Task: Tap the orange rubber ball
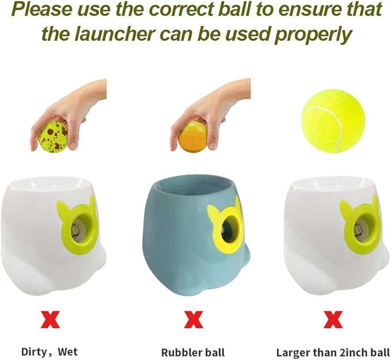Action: point(192,135)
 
